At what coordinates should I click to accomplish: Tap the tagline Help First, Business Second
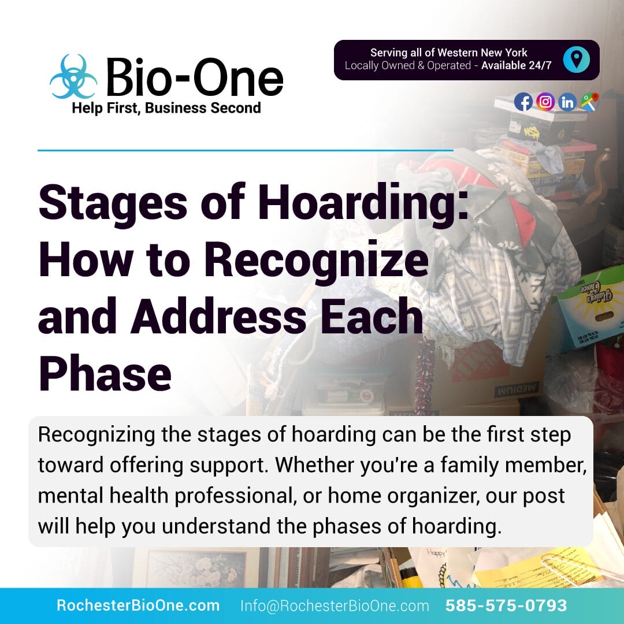(x=166, y=108)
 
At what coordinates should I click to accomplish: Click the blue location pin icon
(x=576, y=60)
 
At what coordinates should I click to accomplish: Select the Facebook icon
(x=523, y=102)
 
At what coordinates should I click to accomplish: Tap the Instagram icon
(x=545, y=102)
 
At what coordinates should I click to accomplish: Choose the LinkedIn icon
(x=567, y=102)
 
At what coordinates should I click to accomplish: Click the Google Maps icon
(x=590, y=102)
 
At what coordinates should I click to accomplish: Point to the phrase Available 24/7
(x=517, y=66)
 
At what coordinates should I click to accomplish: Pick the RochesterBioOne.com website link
(x=138, y=606)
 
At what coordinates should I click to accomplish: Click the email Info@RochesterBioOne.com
(x=335, y=606)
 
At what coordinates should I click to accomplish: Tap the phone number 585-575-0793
(x=506, y=606)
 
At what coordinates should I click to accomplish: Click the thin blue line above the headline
(x=246, y=150)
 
